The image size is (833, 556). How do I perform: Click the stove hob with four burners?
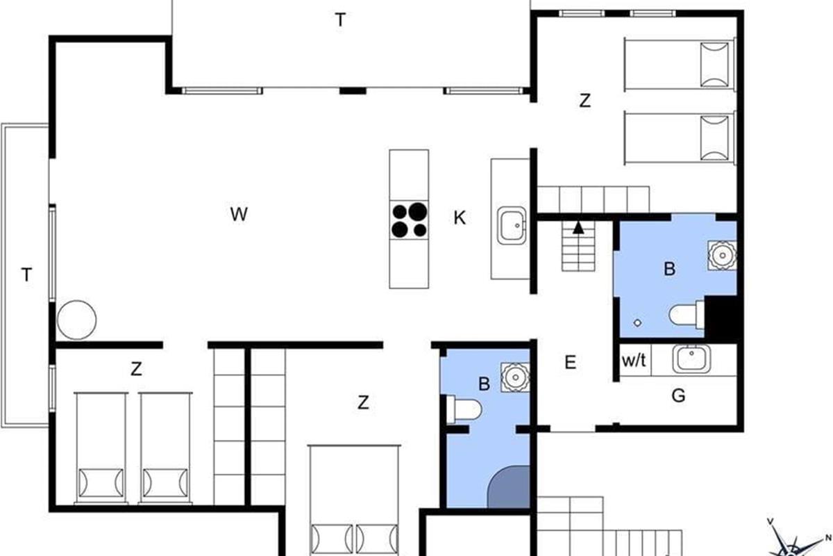409,220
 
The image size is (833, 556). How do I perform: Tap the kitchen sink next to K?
512,225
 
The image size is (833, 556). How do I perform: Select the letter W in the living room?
239,214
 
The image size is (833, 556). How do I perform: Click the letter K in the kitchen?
460,218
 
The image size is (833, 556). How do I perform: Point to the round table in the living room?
76,320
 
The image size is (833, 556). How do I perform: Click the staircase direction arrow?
578,227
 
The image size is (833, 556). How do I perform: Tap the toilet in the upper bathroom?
687,315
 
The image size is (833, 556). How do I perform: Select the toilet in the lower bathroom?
464,409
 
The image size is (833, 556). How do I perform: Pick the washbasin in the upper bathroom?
722,256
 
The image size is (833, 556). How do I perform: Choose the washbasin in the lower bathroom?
515,377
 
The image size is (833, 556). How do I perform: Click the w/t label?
634,361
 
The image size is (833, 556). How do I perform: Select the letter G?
678,396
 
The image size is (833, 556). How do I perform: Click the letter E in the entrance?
571,362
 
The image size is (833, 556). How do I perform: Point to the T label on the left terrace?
26,275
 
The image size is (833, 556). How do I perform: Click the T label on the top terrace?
340,19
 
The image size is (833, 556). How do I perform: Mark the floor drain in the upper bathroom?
637,323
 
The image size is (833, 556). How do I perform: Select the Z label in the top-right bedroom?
585,101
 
